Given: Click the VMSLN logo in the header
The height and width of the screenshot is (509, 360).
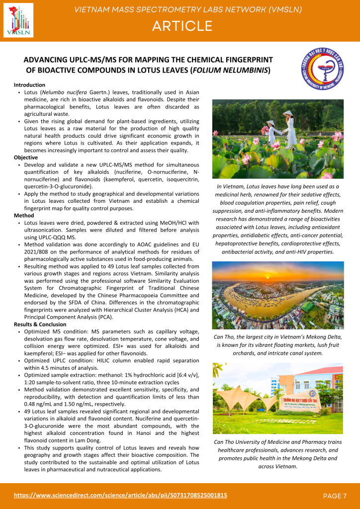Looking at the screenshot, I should click(18, 20).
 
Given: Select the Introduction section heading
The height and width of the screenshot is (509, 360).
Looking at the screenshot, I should click(29, 85).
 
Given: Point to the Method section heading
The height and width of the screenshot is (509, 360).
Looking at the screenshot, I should click(23, 216).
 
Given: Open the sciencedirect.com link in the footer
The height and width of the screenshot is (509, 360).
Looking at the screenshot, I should click(120, 495).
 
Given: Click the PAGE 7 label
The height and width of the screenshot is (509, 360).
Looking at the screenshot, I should click(334, 496).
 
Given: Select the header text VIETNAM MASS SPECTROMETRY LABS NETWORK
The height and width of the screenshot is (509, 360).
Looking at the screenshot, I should click(187, 9).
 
